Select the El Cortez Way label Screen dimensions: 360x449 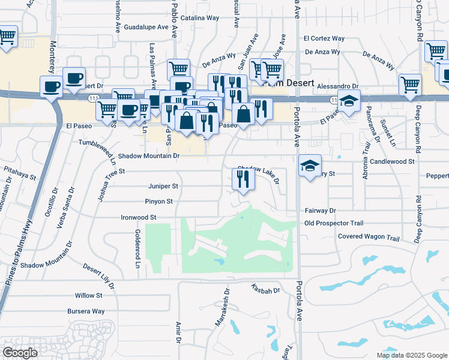(324, 38)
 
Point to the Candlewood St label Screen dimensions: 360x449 (393, 162)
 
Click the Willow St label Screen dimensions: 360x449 (89, 296)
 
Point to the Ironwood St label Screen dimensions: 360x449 (139, 217)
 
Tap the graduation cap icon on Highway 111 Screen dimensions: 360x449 (349, 101)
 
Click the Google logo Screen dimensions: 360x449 (20, 352)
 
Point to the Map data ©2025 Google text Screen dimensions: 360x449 (411, 355)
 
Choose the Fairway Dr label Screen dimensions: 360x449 (320, 211)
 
